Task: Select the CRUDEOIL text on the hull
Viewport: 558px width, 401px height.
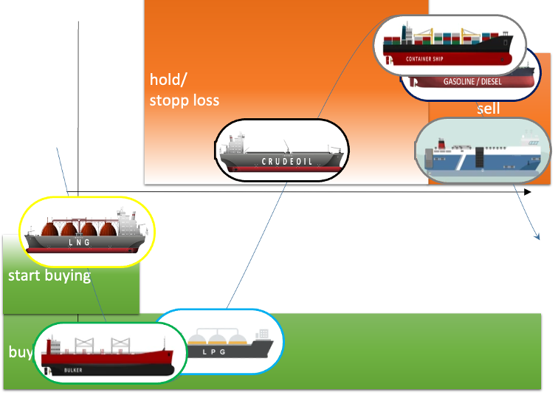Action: [287, 161]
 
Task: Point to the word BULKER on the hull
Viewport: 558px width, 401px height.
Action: [73, 369]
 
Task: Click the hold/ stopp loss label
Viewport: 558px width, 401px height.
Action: [185, 89]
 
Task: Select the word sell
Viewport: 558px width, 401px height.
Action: [488, 109]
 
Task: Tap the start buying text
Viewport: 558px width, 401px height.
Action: [49, 276]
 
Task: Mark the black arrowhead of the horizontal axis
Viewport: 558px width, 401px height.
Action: [526, 192]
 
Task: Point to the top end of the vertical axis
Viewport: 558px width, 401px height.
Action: [78, 24]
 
